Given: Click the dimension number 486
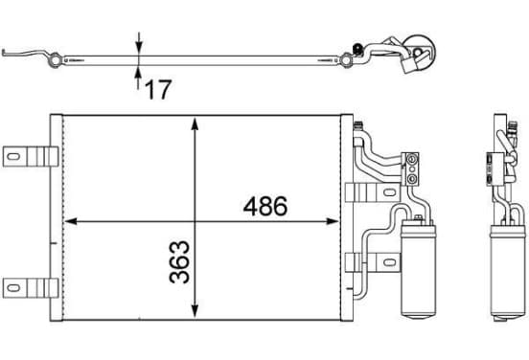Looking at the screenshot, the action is pyautogui.click(x=265, y=206).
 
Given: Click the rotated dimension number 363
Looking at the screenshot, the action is pyautogui.click(x=179, y=261).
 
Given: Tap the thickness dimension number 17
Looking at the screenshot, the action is pyautogui.click(x=158, y=90).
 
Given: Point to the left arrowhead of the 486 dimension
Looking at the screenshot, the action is pyautogui.click(x=71, y=221).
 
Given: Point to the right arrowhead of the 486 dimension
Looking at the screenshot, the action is pyautogui.click(x=332, y=221).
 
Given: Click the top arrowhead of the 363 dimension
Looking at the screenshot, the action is pyautogui.click(x=195, y=124).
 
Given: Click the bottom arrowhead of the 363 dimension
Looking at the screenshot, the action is pyautogui.click(x=195, y=311).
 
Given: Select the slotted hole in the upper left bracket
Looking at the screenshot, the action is pyautogui.click(x=13, y=157).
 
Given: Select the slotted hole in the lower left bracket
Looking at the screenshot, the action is pyautogui.click(x=13, y=288).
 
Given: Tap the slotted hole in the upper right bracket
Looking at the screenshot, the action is pyautogui.click(x=389, y=192).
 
